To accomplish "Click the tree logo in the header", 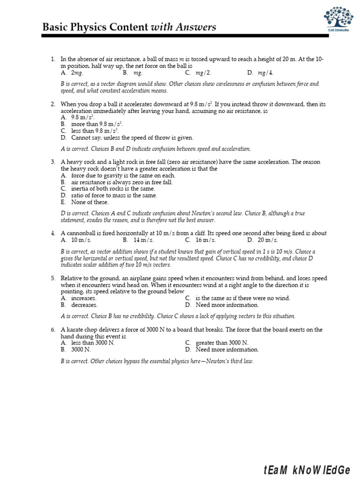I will click(339, 18).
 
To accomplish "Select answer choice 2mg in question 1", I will click(77, 73).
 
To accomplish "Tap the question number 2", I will click(53, 104).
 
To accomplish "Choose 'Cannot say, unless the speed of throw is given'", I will click(132, 138).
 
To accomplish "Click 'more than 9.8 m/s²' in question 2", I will click(97, 124).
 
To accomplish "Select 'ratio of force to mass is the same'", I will click(114, 195).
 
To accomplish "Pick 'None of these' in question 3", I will click(90, 202).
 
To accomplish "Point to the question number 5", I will click(53, 278).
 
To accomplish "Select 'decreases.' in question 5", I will click(84, 305).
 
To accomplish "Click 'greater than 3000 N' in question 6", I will click(222, 343).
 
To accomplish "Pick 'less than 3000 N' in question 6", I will click(93, 343).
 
